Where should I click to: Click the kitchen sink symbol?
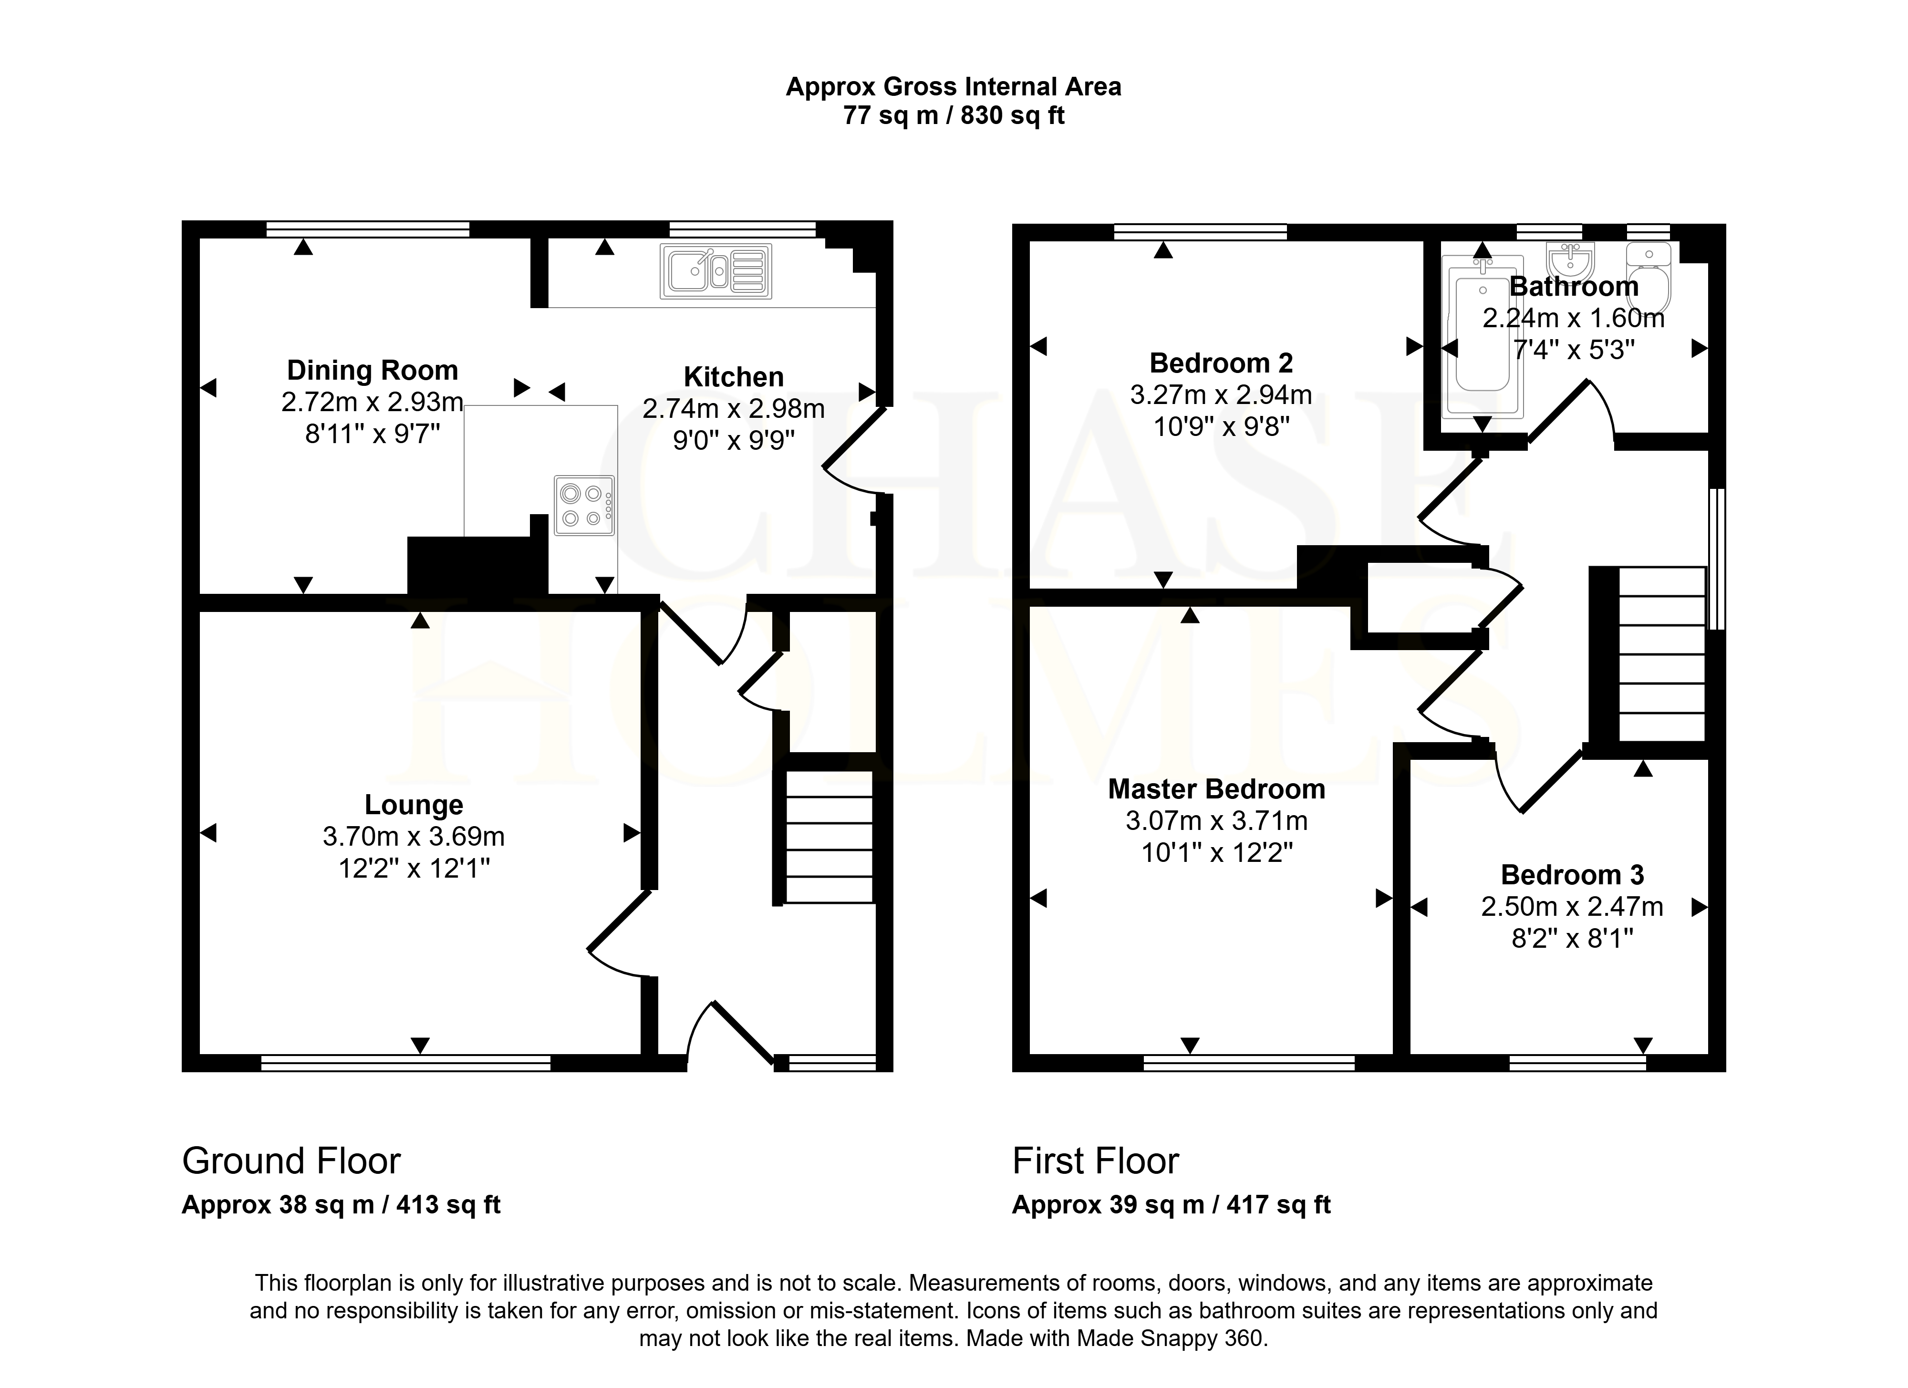point(716,271)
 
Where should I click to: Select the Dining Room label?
point(373,370)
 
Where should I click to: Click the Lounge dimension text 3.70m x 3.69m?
point(414,836)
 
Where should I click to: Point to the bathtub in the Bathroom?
point(1483,336)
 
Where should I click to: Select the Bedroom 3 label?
point(1572,875)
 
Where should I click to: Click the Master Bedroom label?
point(1216,789)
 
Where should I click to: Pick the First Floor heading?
point(1095,1161)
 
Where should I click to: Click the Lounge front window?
point(405,1063)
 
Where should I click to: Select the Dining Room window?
point(368,229)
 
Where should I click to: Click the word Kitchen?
point(734,377)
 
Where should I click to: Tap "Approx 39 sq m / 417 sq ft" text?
point(1171,1205)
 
